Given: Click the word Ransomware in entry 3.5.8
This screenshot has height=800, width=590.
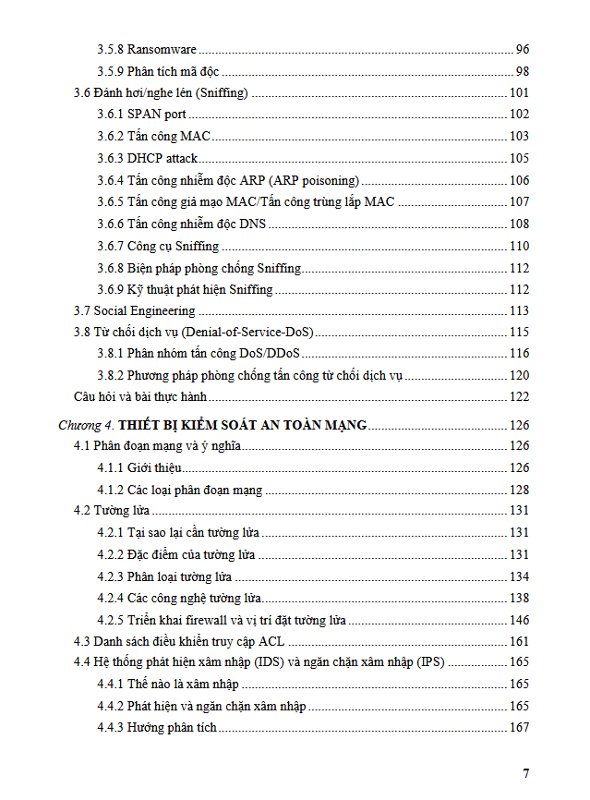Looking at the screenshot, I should tap(162, 49).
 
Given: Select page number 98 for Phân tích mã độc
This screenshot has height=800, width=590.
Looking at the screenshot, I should tap(522, 71).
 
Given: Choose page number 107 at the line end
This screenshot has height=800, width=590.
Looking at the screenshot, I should tap(519, 201).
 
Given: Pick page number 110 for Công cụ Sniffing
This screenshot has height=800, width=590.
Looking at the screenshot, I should tap(519, 246).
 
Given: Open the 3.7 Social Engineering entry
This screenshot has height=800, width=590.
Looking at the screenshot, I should tap(134, 310).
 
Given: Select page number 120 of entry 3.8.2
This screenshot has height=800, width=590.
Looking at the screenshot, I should tap(519, 376).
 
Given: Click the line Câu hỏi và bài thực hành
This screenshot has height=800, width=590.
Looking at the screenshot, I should tap(139, 397).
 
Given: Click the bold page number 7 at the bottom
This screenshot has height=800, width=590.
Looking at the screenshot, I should tap(526, 773).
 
